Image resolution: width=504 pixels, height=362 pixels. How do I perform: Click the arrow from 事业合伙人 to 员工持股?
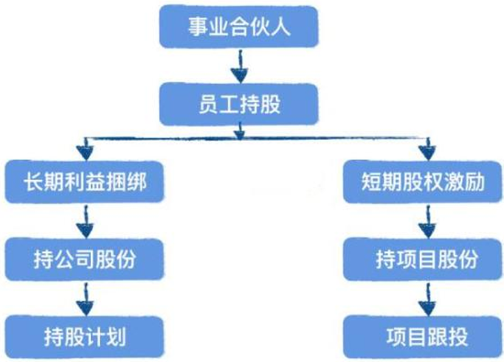click(237, 70)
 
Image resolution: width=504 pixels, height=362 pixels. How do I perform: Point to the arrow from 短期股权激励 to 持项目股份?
click(425, 221)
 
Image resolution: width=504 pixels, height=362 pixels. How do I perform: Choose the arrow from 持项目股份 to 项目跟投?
click(425, 299)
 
